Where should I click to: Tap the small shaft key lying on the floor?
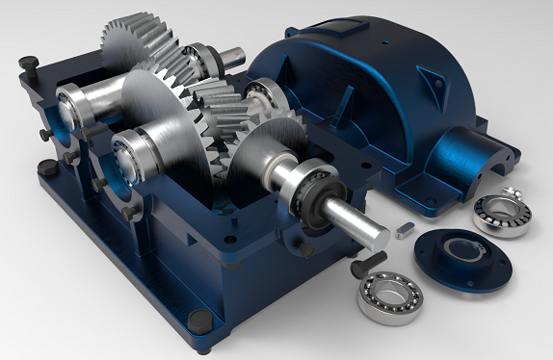point(405,229)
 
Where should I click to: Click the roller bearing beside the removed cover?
point(502,214)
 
